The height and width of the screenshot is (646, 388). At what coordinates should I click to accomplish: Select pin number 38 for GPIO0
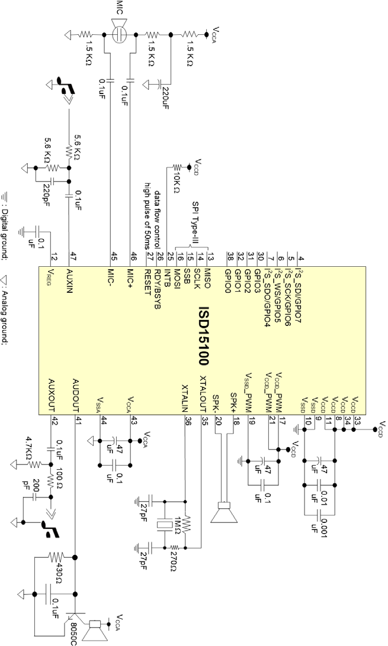coord(230,256)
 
